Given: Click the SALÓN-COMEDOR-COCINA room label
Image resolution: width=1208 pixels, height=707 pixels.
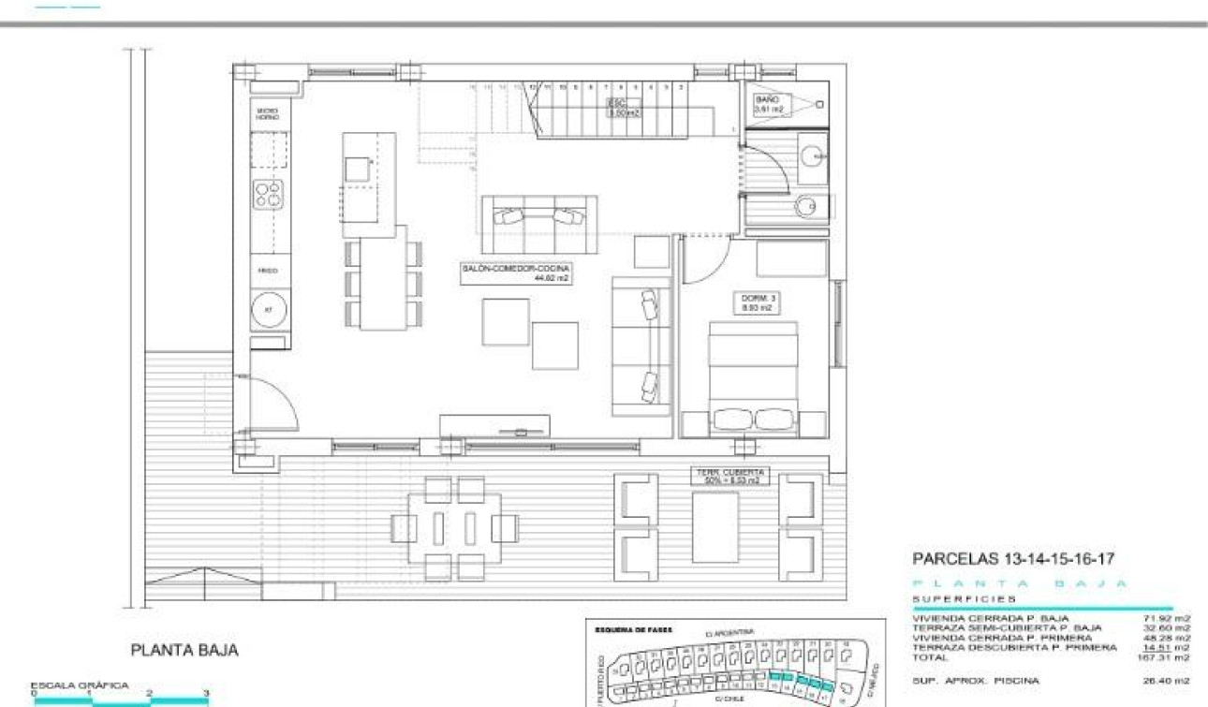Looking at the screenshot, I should pyautogui.click(x=515, y=272).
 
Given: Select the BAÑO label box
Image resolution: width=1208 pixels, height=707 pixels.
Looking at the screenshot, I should pyautogui.click(x=768, y=104).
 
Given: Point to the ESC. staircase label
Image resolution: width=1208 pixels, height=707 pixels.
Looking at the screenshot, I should pyautogui.click(x=623, y=107).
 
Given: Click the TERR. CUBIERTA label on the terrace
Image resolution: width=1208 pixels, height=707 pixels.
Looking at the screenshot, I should pyautogui.click(x=729, y=476).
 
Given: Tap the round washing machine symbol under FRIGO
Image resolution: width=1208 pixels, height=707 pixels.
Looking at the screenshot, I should pyautogui.click(x=269, y=309).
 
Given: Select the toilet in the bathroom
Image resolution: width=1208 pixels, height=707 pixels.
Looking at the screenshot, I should pyautogui.click(x=806, y=206).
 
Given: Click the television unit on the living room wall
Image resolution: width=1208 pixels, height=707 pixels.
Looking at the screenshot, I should pyautogui.click(x=494, y=426).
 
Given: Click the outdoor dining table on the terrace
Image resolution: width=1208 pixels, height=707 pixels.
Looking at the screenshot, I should pyautogui.click(x=454, y=528).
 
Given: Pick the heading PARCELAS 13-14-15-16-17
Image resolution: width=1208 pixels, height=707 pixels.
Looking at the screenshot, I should pyautogui.click(x=1012, y=559).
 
